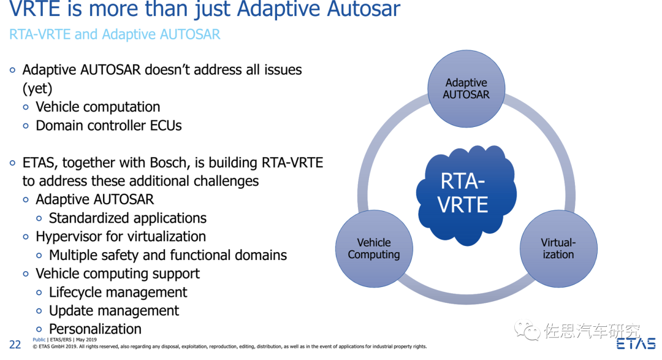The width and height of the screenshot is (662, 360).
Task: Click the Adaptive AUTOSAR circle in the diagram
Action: (466, 88)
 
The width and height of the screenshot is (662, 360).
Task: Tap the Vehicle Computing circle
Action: (373, 248)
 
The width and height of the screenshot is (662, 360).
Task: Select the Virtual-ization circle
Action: (558, 248)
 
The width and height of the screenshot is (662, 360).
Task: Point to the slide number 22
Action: (15, 345)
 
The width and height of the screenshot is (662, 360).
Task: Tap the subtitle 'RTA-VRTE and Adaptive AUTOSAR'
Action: (115, 34)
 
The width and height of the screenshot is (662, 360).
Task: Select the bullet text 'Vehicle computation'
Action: (97, 107)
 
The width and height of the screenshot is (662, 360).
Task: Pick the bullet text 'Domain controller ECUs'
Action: (108, 126)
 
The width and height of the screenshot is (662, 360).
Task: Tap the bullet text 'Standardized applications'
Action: (127, 218)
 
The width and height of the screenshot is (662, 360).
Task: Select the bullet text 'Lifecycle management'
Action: (118, 293)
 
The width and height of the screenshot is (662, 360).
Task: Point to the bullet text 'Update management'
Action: (114, 311)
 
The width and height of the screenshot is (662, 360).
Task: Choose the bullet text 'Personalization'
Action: (95, 329)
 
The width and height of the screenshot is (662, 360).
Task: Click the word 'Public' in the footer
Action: (39, 339)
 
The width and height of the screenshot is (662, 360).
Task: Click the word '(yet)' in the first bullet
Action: (37, 88)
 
